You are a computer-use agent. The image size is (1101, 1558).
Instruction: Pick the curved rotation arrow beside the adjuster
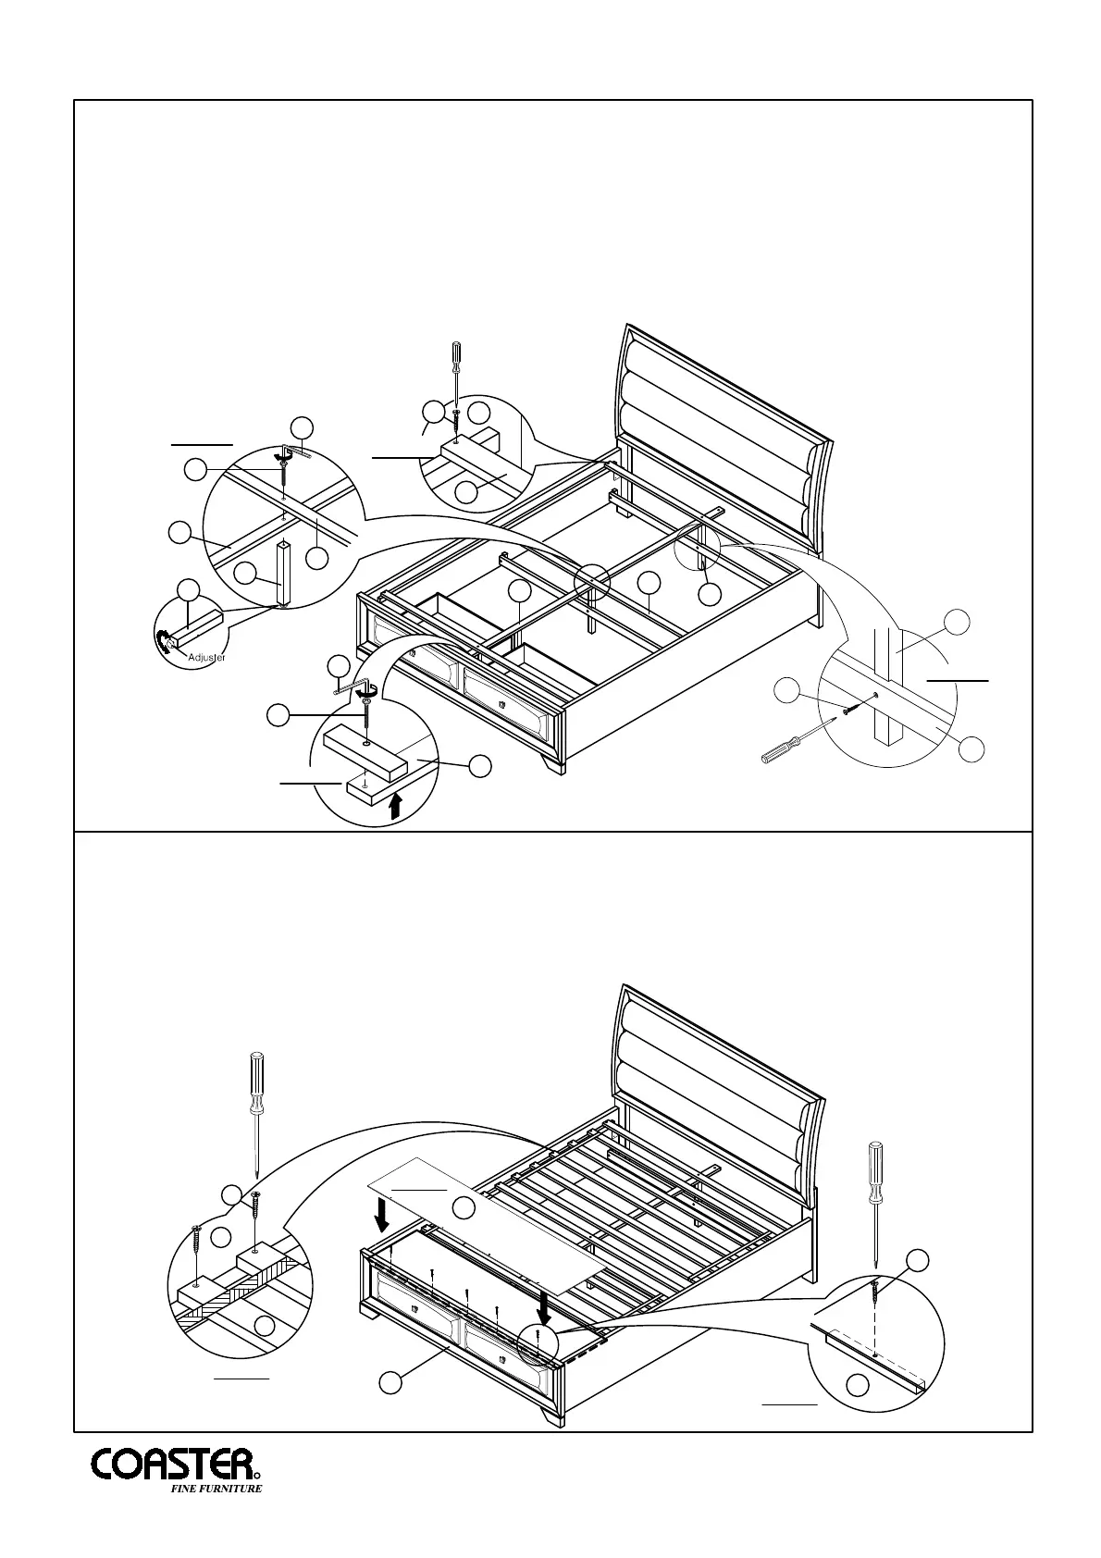pos(164,640)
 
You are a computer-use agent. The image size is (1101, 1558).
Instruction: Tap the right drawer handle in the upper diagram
pos(502,705)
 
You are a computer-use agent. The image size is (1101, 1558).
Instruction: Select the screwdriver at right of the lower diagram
pos(873,1203)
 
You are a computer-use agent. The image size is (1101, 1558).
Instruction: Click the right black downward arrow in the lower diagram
pos(545,1307)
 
